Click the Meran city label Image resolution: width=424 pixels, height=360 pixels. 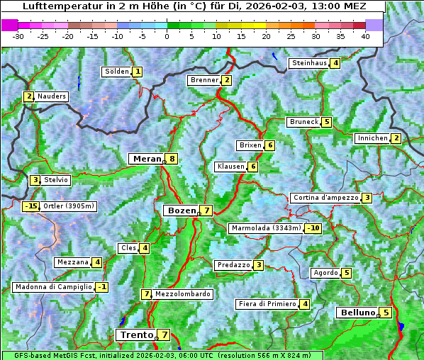145,159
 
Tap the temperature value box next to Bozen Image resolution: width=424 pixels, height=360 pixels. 206,210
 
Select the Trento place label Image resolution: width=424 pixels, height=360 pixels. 136,334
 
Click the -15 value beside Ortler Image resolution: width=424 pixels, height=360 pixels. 30,206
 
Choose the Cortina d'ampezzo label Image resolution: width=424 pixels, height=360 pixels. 325,198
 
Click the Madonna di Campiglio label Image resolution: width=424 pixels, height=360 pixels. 53,287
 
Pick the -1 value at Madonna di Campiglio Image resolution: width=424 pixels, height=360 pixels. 102,287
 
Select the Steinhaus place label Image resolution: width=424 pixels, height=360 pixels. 309,63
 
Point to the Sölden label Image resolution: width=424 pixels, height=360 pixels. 117,72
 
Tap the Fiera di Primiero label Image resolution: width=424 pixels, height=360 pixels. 267,304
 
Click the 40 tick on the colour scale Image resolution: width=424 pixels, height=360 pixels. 365,36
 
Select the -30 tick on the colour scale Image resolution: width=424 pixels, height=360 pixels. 18,36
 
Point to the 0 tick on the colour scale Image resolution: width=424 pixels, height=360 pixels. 167,36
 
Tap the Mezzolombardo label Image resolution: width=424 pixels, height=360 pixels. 182,294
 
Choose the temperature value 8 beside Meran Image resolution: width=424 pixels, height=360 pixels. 172,159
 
